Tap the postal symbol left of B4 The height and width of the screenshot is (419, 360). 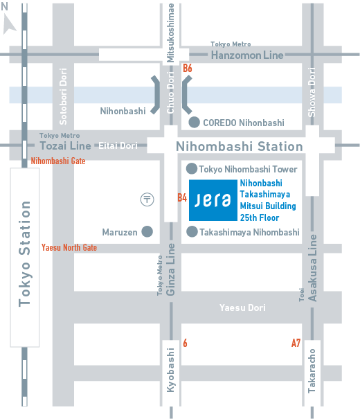point(146,199)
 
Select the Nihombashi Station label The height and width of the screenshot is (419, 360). point(239,147)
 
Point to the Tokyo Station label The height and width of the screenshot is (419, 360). point(26,253)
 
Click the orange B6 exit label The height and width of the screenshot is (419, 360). point(187,69)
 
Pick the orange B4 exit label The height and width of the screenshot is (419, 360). point(182,198)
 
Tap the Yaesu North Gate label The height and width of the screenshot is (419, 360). point(69,247)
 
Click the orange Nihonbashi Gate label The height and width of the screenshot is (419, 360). point(58,161)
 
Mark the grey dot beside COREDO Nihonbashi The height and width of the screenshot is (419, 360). point(194,123)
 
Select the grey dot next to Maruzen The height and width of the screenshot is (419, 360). point(147,232)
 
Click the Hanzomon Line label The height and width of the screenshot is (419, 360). point(247,55)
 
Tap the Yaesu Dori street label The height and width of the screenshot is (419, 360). point(242,307)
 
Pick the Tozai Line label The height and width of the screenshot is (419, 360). point(65,145)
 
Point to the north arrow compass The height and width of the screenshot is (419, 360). point(10,24)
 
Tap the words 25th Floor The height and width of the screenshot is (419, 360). point(259,217)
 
